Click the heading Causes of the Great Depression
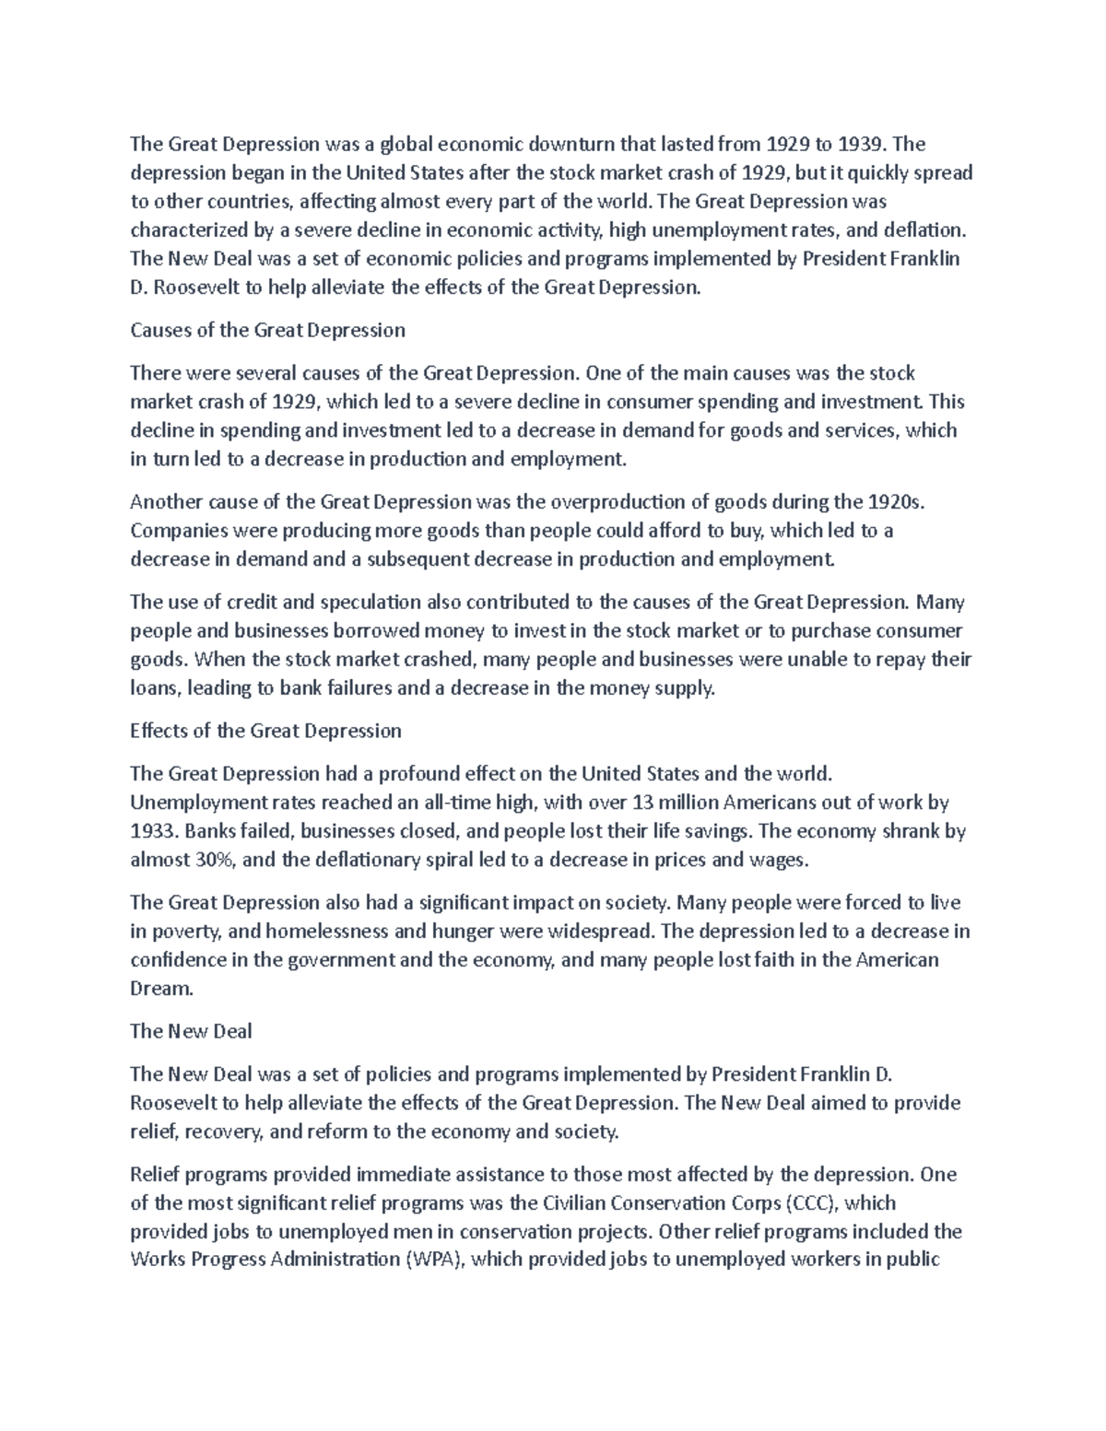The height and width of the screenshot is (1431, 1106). (x=267, y=330)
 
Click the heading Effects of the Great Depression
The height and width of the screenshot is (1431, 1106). (x=265, y=731)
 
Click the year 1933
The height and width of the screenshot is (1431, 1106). (x=152, y=831)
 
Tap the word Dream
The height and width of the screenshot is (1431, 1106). (x=162, y=989)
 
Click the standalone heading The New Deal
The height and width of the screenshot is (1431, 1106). (x=191, y=1031)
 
